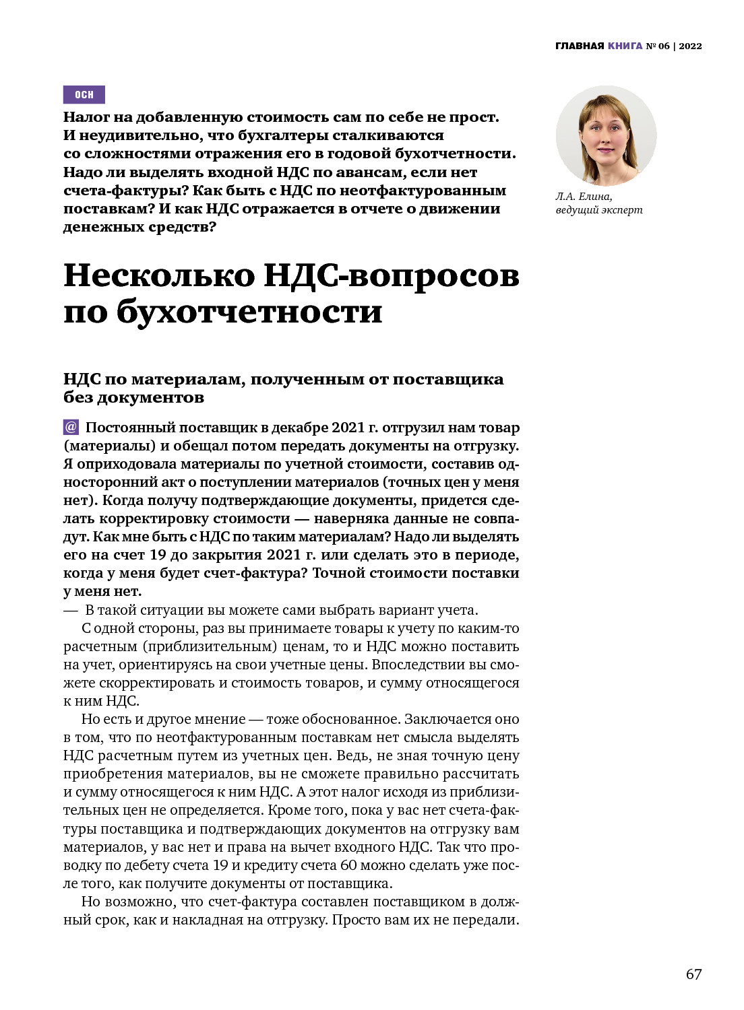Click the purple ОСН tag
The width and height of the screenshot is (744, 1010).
[x=84, y=95]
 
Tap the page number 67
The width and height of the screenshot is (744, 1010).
[x=693, y=974]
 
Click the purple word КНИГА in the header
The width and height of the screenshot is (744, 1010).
[x=625, y=46]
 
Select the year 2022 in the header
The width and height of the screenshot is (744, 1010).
[x=690, y=46]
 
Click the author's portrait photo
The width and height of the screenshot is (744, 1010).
[x=606, y=136]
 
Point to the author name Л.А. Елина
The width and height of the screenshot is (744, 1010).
[x=584, y=197]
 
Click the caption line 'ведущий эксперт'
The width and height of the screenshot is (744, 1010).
[x=599, y=210]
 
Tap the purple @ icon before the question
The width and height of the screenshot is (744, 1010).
[x=71, y=427]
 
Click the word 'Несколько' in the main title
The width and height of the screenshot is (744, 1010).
[x=159, y=275]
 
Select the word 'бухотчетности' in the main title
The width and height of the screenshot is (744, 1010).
[x=249, y=312]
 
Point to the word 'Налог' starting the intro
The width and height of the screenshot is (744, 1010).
[x=87, y=117]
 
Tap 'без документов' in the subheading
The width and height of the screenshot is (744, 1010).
[x=133, y=398]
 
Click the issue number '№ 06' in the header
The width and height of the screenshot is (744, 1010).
[x=658, y=46]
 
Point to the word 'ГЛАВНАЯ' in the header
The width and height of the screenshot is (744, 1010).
[x=580, y=46]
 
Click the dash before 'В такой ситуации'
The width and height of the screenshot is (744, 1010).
[x=70, y=611]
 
